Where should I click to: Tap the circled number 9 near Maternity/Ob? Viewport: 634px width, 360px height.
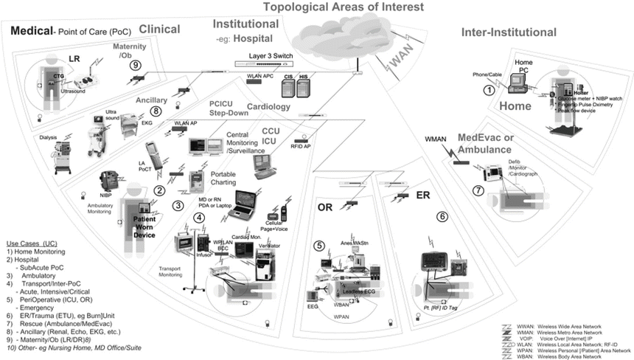tap(135, 65)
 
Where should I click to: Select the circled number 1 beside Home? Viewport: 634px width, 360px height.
tap(487, 90)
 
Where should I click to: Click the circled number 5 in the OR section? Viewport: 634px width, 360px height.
tap(319, 246)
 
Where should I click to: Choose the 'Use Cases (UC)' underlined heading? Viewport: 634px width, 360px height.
tap(32, 243)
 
